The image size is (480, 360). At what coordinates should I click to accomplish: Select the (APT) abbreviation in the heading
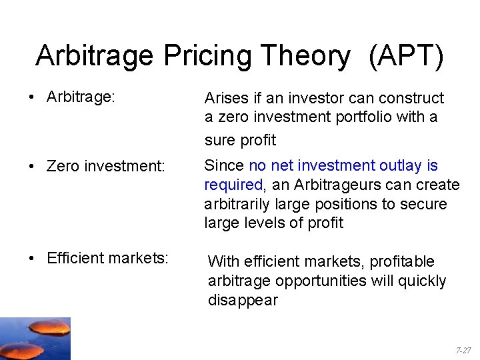coord(405,57)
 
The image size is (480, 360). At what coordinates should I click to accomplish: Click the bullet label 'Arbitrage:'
coord(81,97)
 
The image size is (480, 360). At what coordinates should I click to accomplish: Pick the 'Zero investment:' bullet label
coord(105,166)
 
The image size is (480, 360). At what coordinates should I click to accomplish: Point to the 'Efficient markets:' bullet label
coord(107,258)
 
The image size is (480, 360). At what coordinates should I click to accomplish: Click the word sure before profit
coord(221,141)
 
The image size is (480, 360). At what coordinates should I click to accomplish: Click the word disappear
coord(243,301)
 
